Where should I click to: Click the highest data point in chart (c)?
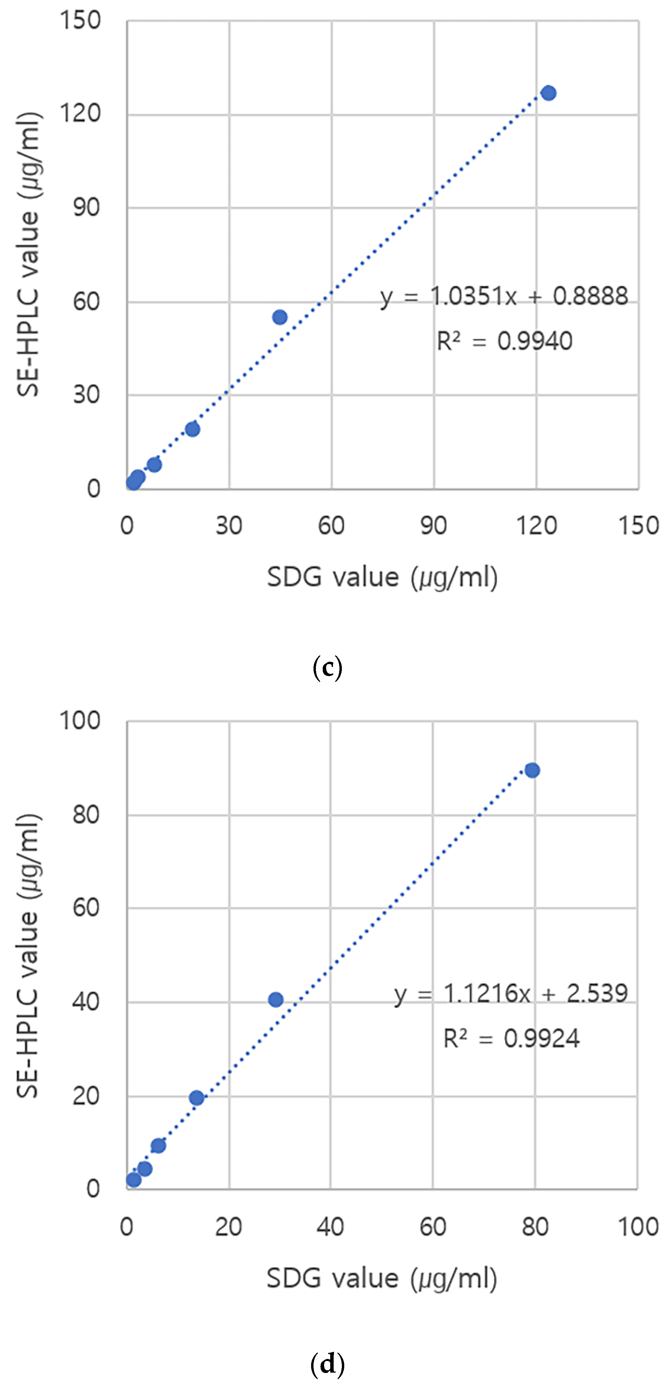tap(548, 93)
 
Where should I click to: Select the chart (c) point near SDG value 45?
tap(279, 317)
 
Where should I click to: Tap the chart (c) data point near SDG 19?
tap(193, 429)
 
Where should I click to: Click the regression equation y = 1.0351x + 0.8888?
tap(504, 296)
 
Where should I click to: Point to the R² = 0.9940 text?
tap(504, 341)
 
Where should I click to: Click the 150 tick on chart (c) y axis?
tap(80, 20)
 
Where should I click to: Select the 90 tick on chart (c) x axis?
tap(433, 525)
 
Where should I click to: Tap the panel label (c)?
tap(327, 668)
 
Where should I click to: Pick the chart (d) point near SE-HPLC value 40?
tap(276, 1000)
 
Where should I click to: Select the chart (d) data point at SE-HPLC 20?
tap(196, 1098)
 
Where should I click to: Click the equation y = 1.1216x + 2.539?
tap(511, 993)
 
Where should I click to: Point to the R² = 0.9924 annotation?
tap(511, 1038)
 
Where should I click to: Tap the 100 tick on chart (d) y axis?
tap(80, 720)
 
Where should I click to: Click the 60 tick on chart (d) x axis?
tap(433, 1227)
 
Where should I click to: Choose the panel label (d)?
tap(327, 1364)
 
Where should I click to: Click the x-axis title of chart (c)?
tap(382, 577)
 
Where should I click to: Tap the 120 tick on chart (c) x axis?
tap(536, 525)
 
